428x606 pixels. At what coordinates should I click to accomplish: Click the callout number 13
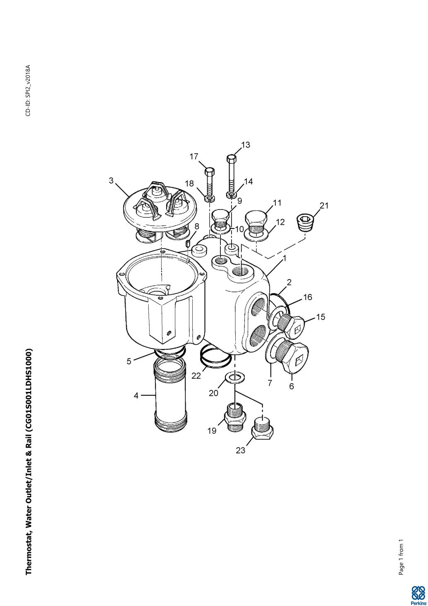pyautogui.click(x=245, y=145)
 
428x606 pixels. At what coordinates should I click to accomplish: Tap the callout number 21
pyautogui.click(x=324, y=206)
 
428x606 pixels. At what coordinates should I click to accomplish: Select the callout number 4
pyautogui.click(x=136, y=396)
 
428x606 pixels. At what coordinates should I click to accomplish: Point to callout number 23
pyautogui.click(x=240, y=450)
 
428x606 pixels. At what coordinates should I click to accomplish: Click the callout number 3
pyautogui.click(x=111, y=180)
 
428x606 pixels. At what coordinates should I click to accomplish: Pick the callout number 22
pyautogui.click(x=196, y=376)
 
